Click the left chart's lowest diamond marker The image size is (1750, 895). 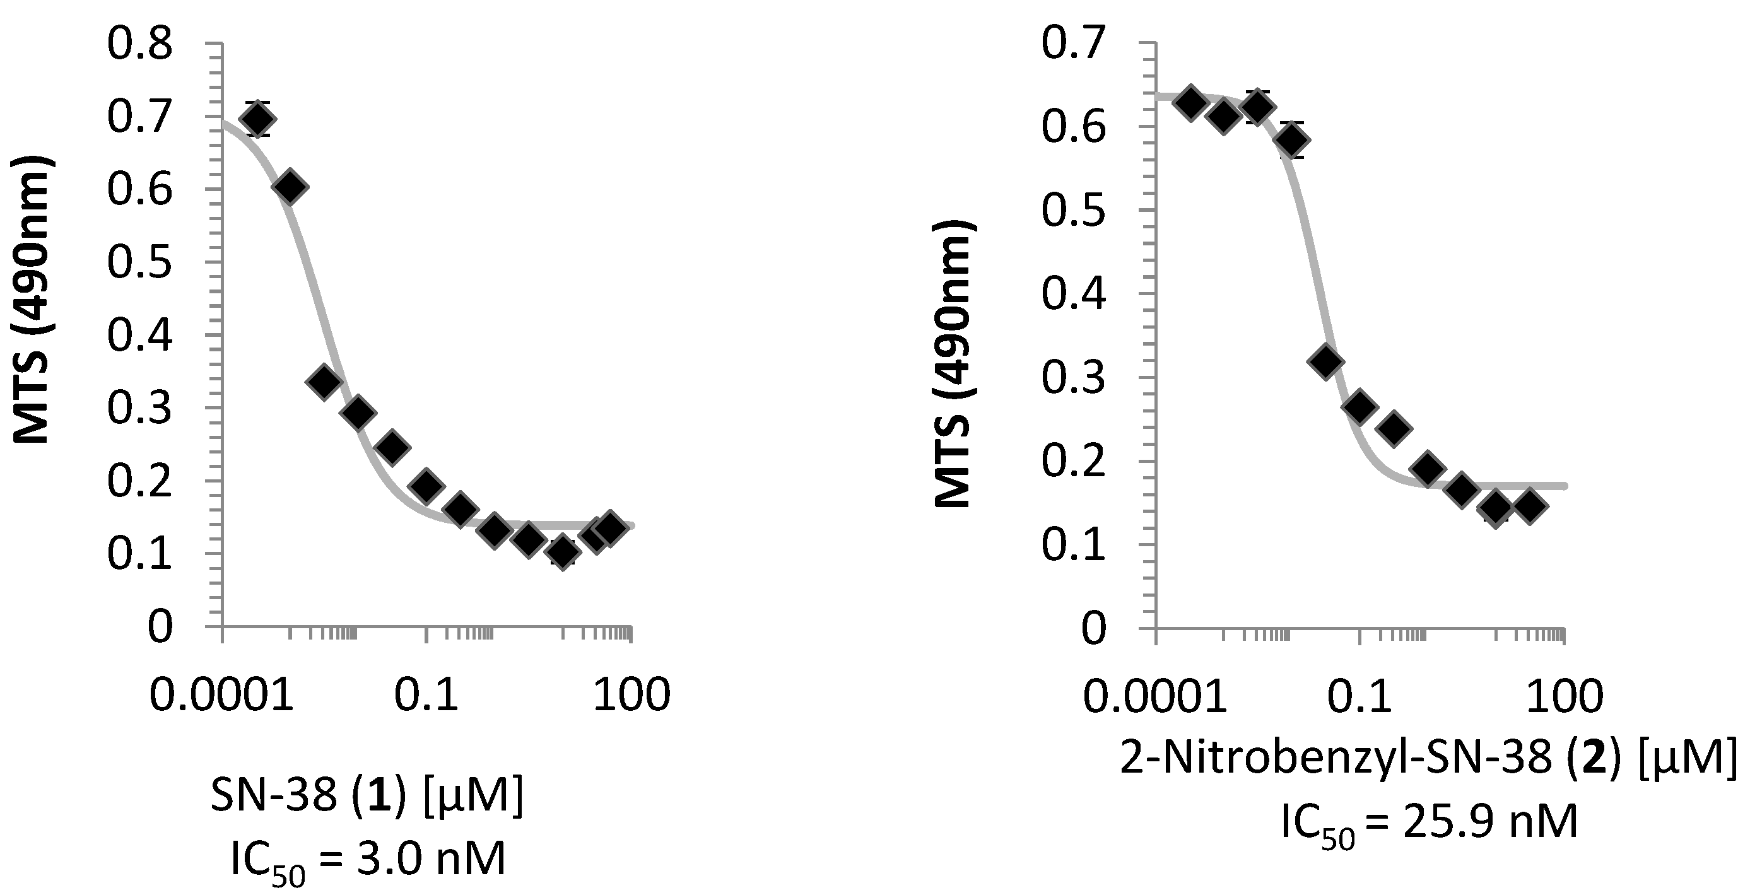pyautogui.click(x=562, y=551)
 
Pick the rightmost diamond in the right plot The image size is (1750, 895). pyautogui.click(x=1531, y=506)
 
